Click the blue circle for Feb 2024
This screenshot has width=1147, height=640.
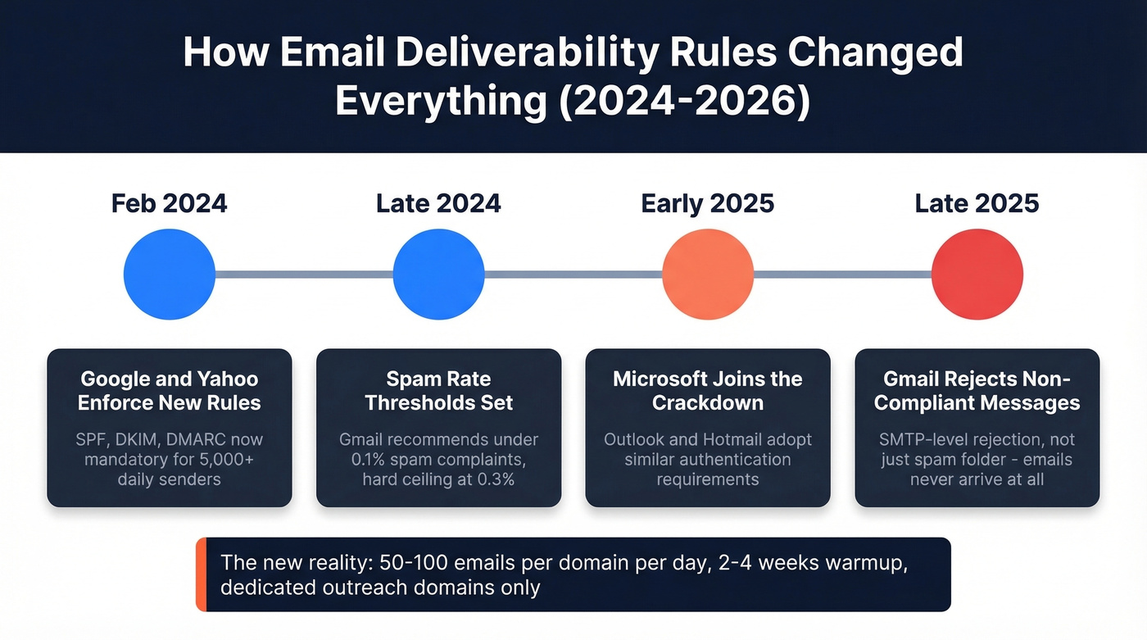pyautogui.click(x=170, y=275)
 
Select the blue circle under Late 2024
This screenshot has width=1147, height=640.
pyautogui.click(x=438, y=275)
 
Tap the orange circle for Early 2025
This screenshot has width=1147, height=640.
pyautogui.click(x=707, y=275)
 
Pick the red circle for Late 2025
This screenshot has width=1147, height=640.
pyautogui.click(x=977, y=275)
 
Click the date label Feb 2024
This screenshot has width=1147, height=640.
pyautogui.click(x=170, y=203)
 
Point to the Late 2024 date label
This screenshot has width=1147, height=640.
pyautogui.click(x=438, y=203)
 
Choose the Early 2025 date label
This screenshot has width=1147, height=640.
pyautogui.click(x=707, y=203)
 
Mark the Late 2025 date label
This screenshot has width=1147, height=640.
pyautogui.click(x=977, y=203)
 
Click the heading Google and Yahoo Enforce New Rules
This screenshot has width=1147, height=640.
pyautogui.click(x=170, y=391)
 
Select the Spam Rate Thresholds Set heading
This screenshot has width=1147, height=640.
pyautogui.click(x=438, y=391)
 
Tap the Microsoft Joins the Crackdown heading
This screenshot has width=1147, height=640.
pyautogui.click(x=707, y=391)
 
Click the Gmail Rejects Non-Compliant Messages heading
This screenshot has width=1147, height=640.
pyautogui.click(x=977, y=391)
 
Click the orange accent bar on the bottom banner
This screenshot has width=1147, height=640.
pyautogui.click(x=201, y=574)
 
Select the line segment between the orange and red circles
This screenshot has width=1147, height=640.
pyautogui.click(x=842, y=275)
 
